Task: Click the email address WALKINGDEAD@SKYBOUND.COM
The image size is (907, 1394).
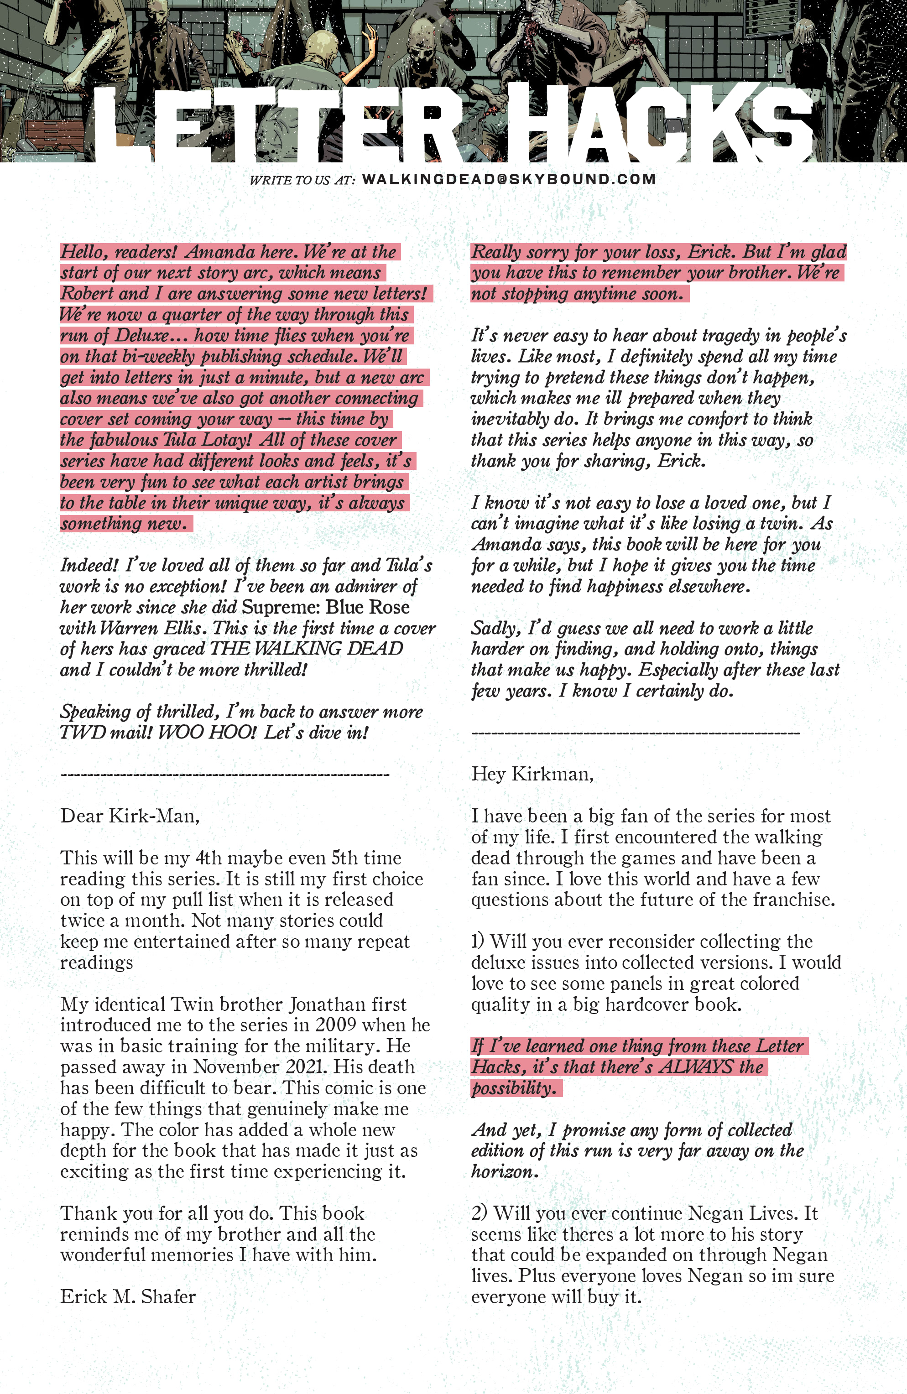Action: tap(509, 179)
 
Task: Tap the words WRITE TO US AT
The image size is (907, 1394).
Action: tap(302, 180)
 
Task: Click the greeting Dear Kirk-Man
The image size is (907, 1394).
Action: tap(130, 816)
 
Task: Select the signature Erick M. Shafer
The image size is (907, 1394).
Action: tap(128, 1297)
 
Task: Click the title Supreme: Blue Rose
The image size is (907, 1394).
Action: tap(325, 608)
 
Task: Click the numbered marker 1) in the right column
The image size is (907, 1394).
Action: tap(478, 941)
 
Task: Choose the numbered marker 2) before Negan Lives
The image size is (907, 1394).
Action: tap(480, 1213)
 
